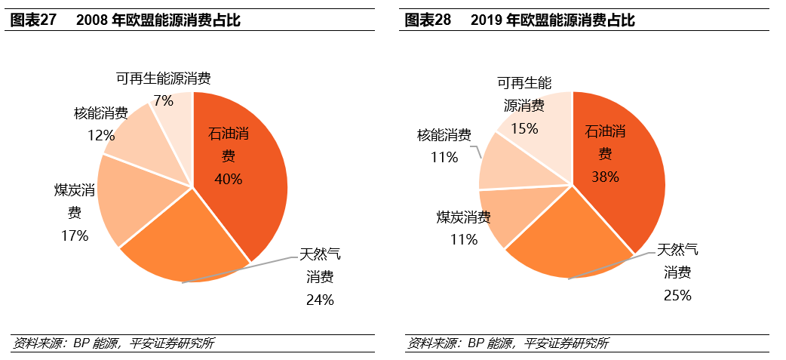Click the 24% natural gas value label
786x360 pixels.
tap(320, 300)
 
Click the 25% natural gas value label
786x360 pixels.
tap(677, 295)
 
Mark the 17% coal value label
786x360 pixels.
tap(75, 235)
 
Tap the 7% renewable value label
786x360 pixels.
tap(163, 100)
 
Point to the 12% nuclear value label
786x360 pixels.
tap(100, 135)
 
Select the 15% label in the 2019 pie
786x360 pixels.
tap(524, 128)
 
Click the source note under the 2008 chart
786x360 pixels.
tap(113, 343)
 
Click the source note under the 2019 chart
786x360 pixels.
tap(508, 343)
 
